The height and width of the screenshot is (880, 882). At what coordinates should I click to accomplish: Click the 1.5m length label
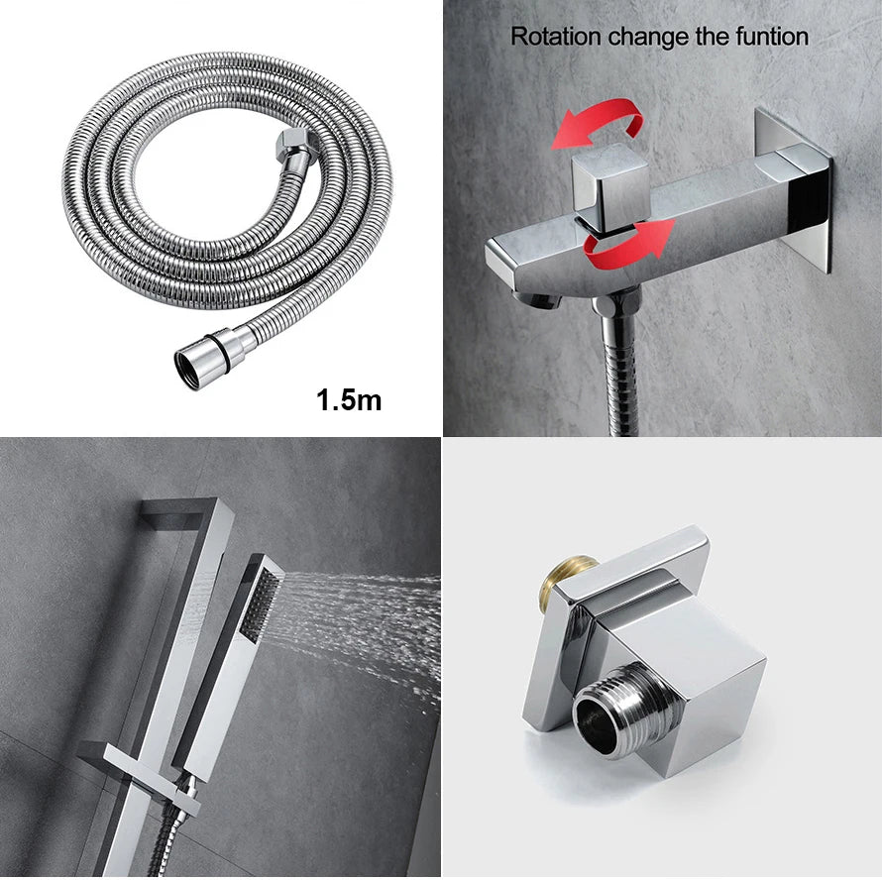[349, 400]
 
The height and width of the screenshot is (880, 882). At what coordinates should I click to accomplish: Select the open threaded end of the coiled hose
[189, 369]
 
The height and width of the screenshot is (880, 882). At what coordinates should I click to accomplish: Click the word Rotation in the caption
[556, 37]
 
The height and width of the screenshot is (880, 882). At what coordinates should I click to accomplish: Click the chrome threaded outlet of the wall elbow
[623, 712]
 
